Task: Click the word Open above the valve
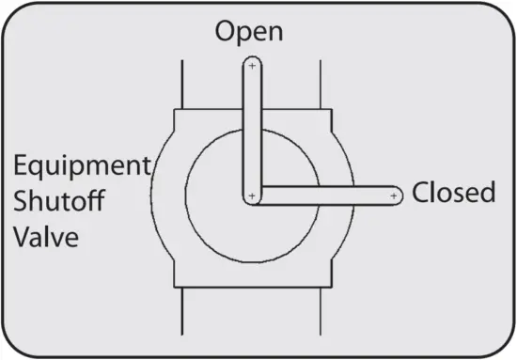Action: (x=249, y=32)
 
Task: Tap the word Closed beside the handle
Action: (x=454, y=194)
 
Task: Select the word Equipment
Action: (x=82, y=167)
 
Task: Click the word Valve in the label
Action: (x=46, y=235)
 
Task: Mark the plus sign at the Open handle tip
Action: (x=251, y=67)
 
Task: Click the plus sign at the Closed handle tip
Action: (x=393, y=196)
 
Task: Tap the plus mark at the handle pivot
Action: (x=251, y=196)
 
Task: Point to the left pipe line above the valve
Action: (x=181, y=85)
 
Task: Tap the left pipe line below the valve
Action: (x=181, y=315)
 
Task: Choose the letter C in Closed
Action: (x=421, y=194)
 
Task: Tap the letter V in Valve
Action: (x=22, y=235)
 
